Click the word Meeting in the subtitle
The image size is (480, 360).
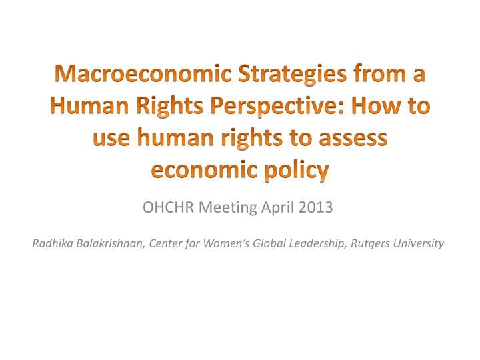[x=227, y=208]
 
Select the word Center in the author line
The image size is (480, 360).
[x=165, y=243]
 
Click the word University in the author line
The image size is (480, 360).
[x=418, y=243]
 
